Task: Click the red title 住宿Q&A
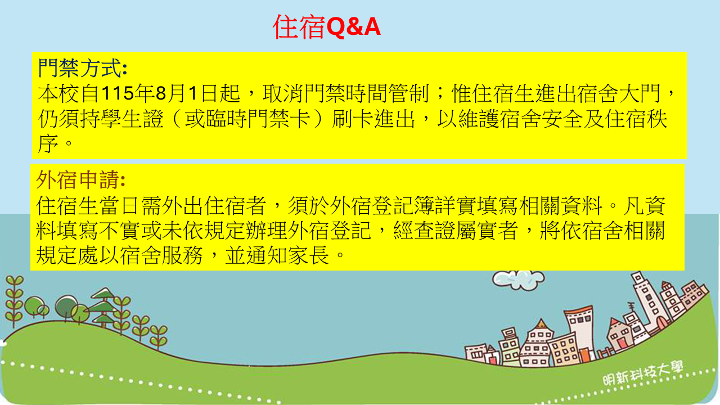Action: pos(327,26)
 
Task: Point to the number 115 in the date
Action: pos(118,93)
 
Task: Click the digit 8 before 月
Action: pos(161,93)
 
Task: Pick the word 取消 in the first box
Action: pos(283,93)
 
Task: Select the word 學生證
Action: pos(132,119)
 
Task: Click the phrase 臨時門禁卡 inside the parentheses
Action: pos(258,119)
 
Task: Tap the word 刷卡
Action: pos(353,119)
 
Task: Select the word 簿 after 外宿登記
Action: pos(424,206)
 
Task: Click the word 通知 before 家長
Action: pos(266,256)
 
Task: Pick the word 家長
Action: pos(308,256)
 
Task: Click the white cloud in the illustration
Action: pos(518,280)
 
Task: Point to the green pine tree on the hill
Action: pos(103,307)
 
